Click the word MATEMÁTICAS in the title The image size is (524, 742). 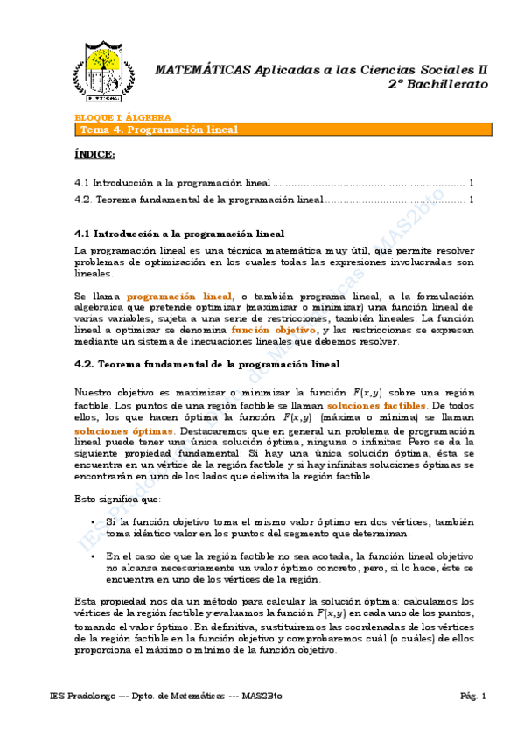click(199, 69)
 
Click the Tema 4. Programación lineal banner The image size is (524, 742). click(158, 129)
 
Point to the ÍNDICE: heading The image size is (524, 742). click(94, 154)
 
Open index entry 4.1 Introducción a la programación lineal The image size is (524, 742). click(172, 183)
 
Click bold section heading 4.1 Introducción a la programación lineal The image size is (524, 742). click(179, 234)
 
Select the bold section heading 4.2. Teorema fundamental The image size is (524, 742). click(207, 363)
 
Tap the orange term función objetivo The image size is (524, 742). click(279, 330)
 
